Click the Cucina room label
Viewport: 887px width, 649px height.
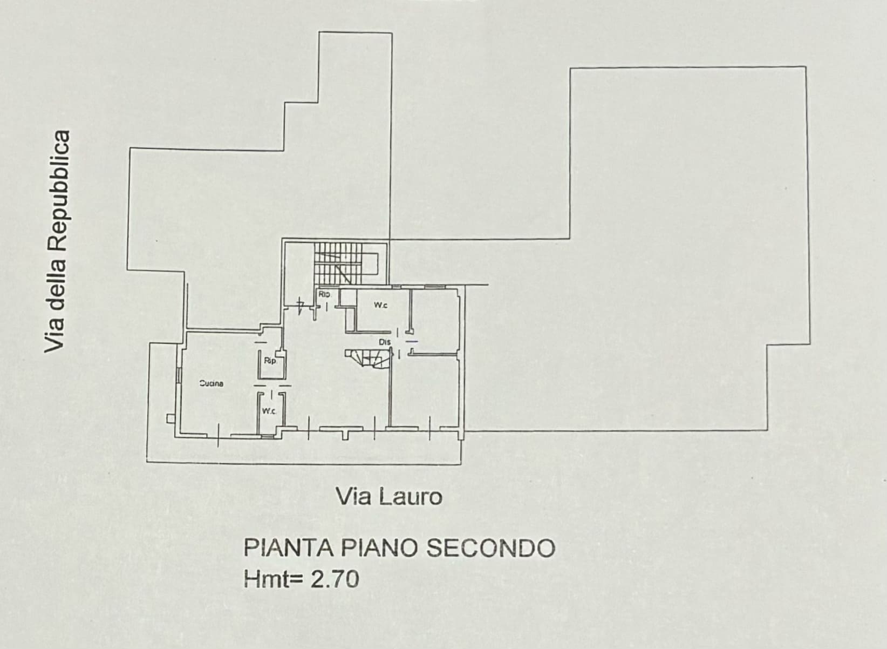[x=211, y=384]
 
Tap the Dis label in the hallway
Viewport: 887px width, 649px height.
[x=384, y=342]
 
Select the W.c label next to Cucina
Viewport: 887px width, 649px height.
[x=269, y=411]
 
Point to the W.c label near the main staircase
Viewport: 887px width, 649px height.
[x=380, y=306]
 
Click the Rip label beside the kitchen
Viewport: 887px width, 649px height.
[x=270, y=361]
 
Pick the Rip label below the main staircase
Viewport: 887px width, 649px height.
[x=324, y=294]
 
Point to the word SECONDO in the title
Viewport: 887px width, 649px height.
[x=490, y=549]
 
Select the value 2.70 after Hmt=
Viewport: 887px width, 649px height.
[x=335, y=580]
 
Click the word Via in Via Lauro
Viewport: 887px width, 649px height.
[x=354, y=497]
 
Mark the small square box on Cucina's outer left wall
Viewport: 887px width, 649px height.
[x=170, y=418]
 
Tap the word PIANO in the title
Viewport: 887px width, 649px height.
[x=381, y=549]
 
